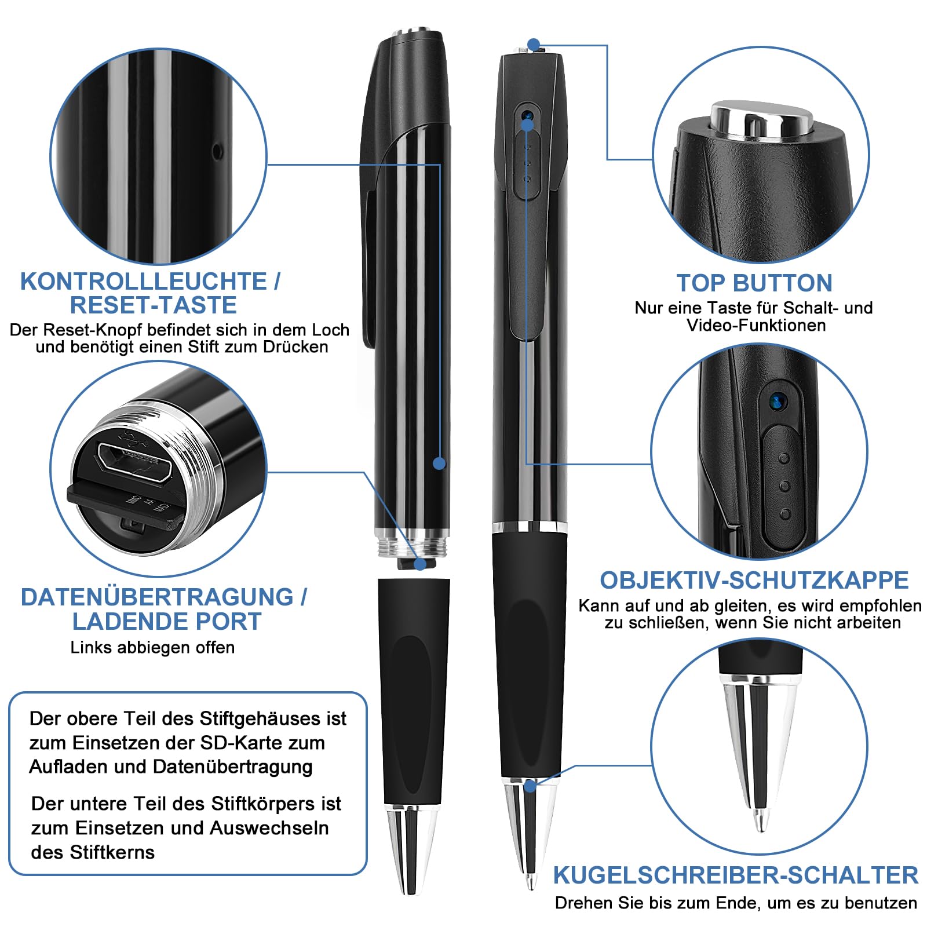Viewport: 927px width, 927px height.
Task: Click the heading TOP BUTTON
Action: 754,283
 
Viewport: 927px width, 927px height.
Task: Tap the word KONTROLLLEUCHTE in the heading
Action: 143,282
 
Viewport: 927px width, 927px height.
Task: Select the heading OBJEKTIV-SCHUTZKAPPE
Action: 754,581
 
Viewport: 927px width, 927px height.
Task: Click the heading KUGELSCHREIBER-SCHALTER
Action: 736,875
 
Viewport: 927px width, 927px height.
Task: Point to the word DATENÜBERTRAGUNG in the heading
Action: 157,597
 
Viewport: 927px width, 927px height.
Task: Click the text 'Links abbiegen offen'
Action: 152,647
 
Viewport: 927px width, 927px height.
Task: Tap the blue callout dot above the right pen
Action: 534,44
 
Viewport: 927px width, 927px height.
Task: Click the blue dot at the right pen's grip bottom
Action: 530,786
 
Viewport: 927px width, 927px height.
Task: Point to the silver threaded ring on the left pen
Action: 413,543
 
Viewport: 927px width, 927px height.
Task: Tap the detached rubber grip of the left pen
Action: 413,691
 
